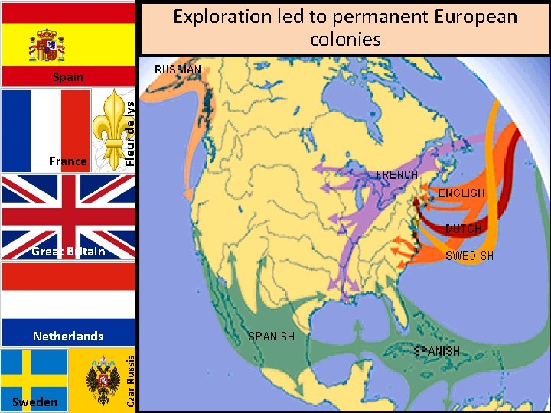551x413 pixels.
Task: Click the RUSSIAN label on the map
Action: pos(178,70)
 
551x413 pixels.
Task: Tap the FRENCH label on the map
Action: pos(396,175)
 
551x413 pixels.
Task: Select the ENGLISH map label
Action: pos(461,193)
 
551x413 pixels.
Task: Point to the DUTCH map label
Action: pos(463,229)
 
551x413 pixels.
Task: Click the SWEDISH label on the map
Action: pos(469,255)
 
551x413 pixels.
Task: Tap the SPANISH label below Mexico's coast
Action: pos(271,336)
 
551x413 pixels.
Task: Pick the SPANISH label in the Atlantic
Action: pos(436,351)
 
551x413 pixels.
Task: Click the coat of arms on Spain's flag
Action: pos(47,45)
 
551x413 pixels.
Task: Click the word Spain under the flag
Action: pos(68,77)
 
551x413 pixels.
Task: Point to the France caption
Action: pos(67,161)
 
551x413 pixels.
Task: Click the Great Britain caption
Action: pos(68,252)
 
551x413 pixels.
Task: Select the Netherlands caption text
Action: pos(68,336)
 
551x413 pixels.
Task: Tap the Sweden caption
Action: pos(35,402)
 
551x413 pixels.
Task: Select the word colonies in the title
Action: pos(345,38)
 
